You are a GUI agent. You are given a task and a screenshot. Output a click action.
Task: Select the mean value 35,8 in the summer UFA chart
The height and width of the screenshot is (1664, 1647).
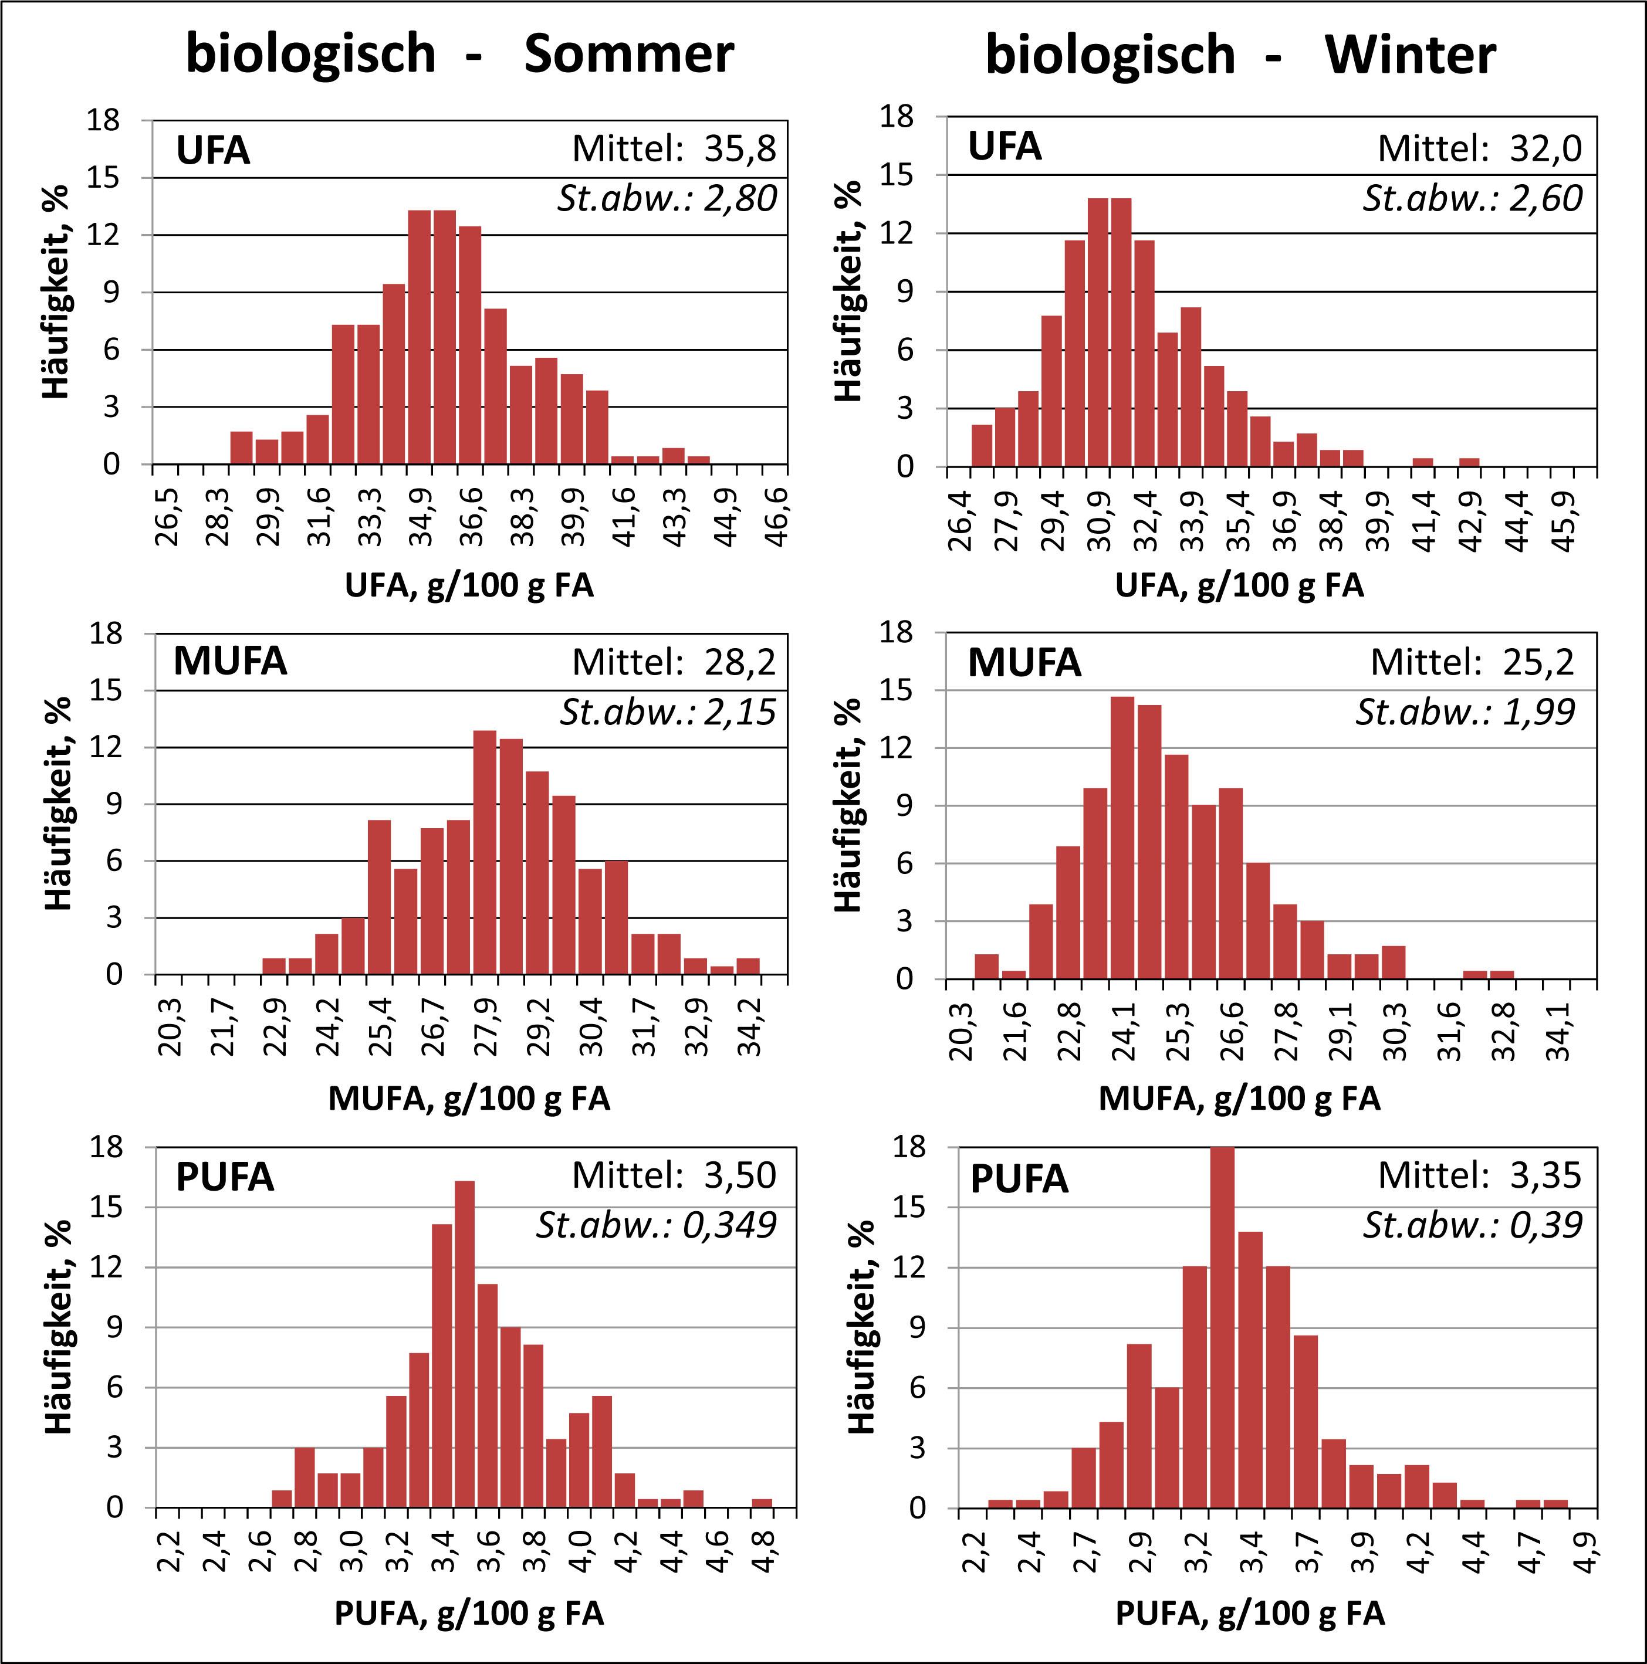pyautogui.click(x=740, y=148)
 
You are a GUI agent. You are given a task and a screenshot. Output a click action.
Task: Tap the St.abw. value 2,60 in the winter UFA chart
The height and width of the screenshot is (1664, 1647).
pyautogui.click(x=1545, y=199)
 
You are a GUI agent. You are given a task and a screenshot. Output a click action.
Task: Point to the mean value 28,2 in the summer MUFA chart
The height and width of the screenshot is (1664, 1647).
pyautogui.click(x=740, y=662)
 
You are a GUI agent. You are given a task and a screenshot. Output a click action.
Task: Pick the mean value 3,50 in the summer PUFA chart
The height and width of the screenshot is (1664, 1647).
pyautogui.click(x=740, y=1175)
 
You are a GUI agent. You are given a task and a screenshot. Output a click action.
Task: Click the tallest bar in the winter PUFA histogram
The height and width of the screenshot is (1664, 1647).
pyautogui.click(x=1222, y=1326)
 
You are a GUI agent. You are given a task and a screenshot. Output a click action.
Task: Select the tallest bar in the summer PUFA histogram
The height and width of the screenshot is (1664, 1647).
pyautogui.click(x=464, y=1344)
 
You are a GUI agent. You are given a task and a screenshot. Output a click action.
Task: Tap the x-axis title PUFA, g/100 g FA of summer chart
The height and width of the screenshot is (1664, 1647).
pyautogui.click(x=469, y=1612)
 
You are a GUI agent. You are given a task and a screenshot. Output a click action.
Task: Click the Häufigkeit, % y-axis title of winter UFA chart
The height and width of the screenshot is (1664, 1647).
pyautogui.click(x=848, y=291)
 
